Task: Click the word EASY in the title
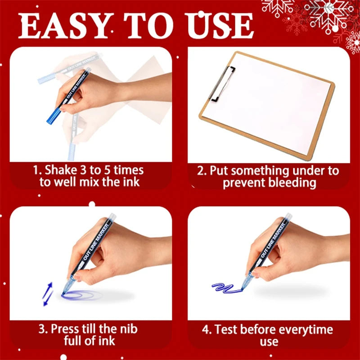coord(63,26)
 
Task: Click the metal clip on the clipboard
coord(222,84)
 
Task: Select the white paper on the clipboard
coord(268,104)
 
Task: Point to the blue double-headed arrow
coord(48,294)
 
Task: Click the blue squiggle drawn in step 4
coord(226,288)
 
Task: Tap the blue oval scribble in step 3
coord(81,295)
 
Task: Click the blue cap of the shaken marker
coord(54,116)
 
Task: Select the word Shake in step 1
coord(61,171)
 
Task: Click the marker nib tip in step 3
coord(63,293)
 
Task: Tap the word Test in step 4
coord(226,329)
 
